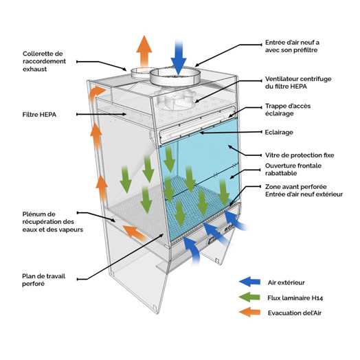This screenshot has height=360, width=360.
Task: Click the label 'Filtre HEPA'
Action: pyautogui.click(x=39, y=115)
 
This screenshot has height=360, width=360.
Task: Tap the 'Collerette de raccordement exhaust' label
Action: pyautogui.click(x=44, y=61)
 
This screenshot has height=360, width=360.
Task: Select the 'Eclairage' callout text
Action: pyautogui.click(x=279, y=132)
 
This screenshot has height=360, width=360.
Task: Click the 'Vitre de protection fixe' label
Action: pyautogui.click(x=300, y=155)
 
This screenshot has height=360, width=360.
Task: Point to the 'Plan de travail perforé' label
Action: pyautogui.click(x=43, y=280)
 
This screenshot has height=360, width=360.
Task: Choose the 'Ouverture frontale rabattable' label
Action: pyautogui.click(x=293, y=169)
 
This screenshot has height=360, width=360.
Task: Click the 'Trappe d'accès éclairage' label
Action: pyautogui.click(x=288, y=109)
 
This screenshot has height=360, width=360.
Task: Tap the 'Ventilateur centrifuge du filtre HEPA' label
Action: pyautogui.click(x=298, y=82)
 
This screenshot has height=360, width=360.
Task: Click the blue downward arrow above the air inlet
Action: pyautogui.click(x=179, y=58)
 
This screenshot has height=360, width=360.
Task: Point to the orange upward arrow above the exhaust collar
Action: pyautogui.click(x=144, y=51)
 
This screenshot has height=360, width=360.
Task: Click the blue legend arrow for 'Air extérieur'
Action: pyautogui.click(x=250, y=282)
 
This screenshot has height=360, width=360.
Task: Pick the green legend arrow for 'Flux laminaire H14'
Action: pyautogui.click(x=249, y=297)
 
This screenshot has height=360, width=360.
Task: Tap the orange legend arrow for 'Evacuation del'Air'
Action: pyautogui.click(x=250, y=312)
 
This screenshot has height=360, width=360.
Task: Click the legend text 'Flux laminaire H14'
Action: pyautogui.click(x=295, y=298)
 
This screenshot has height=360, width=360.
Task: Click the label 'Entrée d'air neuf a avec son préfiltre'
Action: pyautogui.click(x=292, y=46)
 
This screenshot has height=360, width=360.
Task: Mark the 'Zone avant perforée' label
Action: pyautogui.click(x=295, y=187)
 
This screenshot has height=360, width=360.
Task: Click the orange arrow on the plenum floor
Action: pyautogui.click(x=135, y=233)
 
